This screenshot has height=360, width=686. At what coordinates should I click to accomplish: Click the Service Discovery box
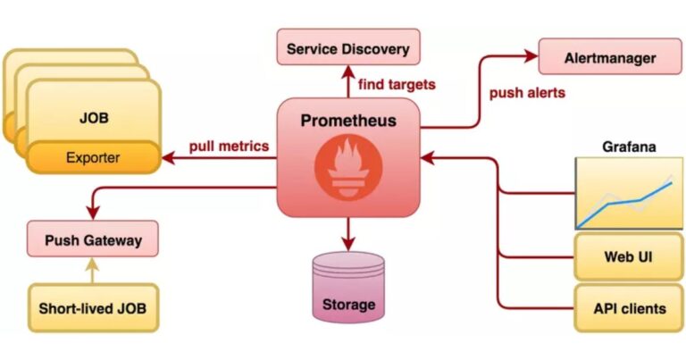tap(347, 47)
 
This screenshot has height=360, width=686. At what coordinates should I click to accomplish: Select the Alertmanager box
tap(610, 58)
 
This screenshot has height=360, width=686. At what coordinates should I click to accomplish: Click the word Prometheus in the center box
tap(347, 121)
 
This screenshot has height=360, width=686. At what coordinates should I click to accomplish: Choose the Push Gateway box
tap(94, 239)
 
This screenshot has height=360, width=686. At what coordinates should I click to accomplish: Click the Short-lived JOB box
tap(93, 309)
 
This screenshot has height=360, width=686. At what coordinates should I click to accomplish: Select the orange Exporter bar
tap(93, 159)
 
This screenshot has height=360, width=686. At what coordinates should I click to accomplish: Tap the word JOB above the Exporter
tap(93, 117)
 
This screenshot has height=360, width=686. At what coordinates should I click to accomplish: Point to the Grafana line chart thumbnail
tap(623, 194)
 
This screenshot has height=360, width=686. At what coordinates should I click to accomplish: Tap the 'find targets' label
tap(397, 85)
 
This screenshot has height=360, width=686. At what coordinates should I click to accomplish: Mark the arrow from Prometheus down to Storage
tap(347, 234)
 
